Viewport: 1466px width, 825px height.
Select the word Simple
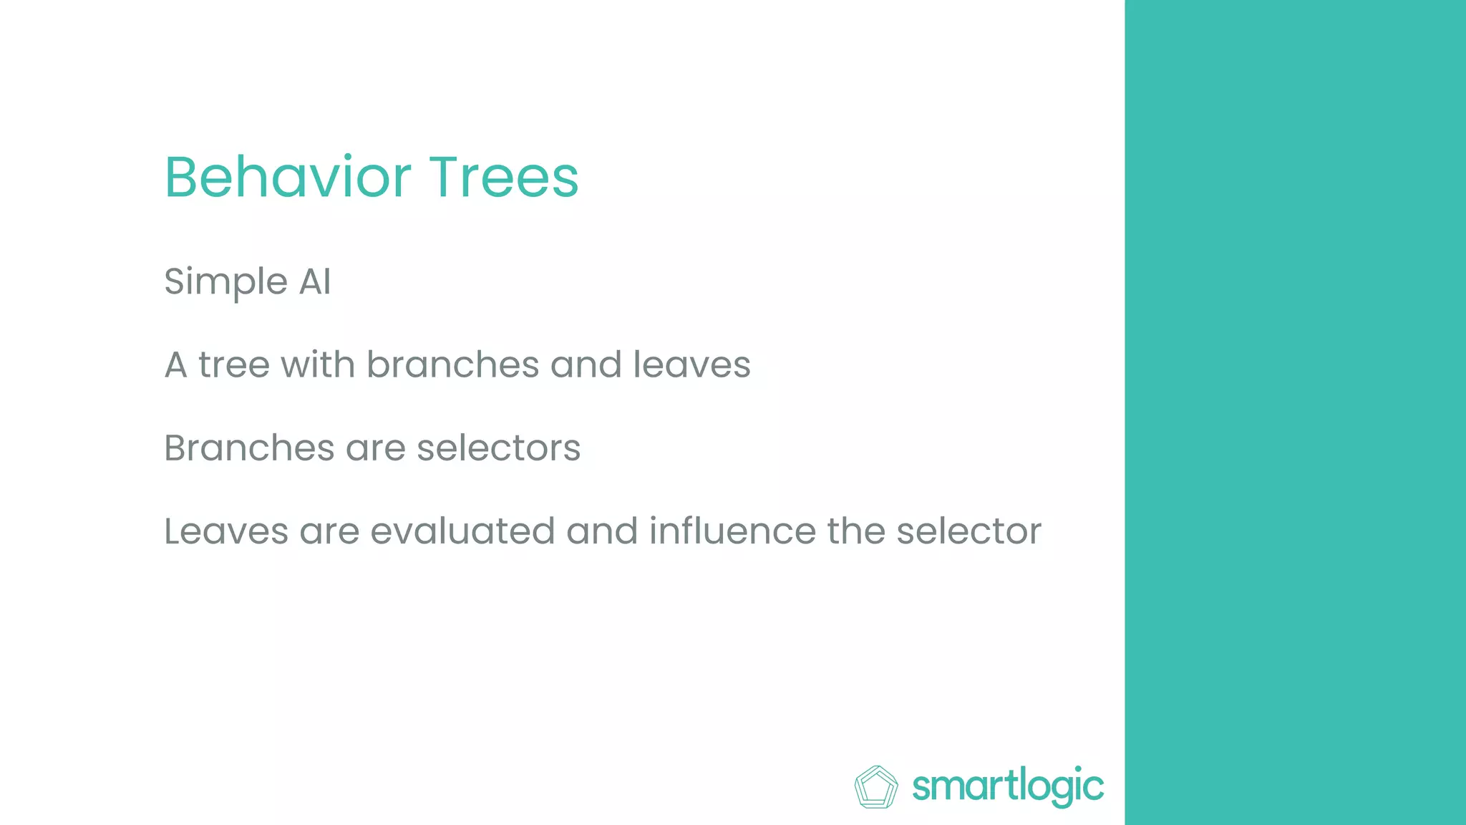coord(225,281)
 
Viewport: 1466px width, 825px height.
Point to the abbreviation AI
coord(315,281)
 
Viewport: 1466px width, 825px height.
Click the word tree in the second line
coord(233,365)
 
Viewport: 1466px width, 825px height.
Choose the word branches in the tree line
coord(453,365)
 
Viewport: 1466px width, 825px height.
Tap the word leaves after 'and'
coord(691,365)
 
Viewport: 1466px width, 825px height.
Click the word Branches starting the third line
coord(249,448)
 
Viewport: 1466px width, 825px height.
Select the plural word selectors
coord(498,448)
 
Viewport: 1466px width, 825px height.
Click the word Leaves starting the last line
coord(226,531)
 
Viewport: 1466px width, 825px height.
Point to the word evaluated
coord(462,531)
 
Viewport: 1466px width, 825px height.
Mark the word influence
coord(732,531)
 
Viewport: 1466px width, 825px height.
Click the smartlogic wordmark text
coord(1008,786)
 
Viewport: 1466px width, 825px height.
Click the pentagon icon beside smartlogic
coord(876,786)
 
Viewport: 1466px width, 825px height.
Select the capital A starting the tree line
coord(176,365)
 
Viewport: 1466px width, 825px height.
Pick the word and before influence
coord(601,531)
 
